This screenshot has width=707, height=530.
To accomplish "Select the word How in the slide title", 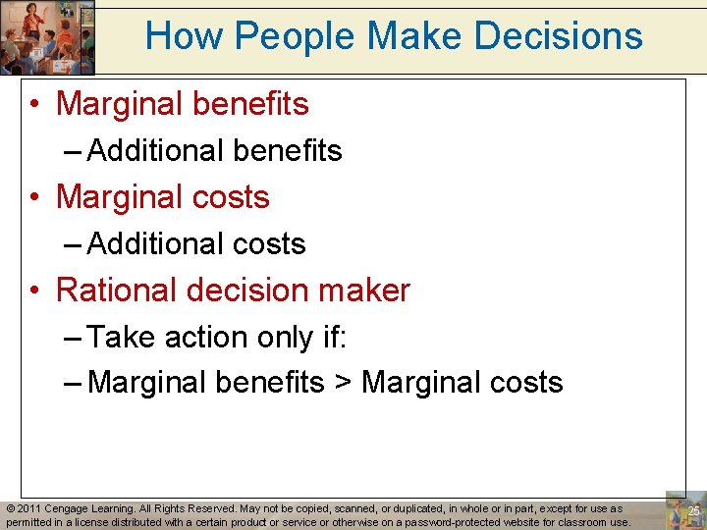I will pyautogui.click(x=185, y=36).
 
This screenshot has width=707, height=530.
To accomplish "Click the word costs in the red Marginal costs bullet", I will pyautogui.click(x=232, y=197).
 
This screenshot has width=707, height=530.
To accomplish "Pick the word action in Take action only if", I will pyautogui.click(x=206, y=337).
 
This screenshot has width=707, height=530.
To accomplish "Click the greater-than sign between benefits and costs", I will pyautogui.click(x=343, y=383).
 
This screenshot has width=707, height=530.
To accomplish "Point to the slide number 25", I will pyautogui.click(x=693, y=511).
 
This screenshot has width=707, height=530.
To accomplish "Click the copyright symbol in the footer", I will pyautogui.click(x=11, y=509).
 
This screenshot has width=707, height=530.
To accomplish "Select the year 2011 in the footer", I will pyautogui.click(x=31, y=509).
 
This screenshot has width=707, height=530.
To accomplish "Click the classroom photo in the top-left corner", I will pyautogui.click(x=47, y=36).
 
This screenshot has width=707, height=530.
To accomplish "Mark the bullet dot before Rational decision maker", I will pyautogui.click(x=35, y=291).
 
